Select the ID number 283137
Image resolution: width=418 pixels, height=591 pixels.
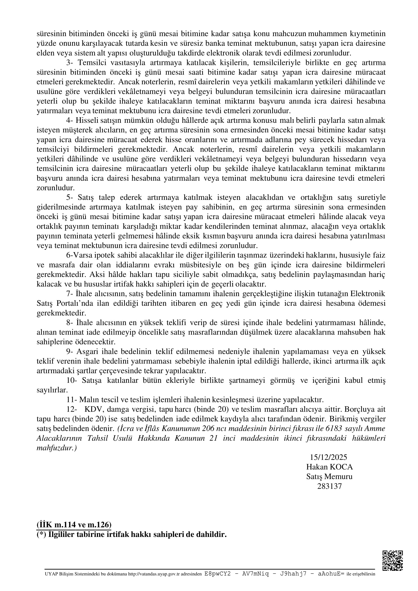(329, 486)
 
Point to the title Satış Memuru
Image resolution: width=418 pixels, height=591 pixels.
(329, 477)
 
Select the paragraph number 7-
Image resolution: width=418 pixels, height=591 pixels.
(70, 294)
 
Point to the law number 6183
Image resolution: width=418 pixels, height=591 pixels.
(334, 429)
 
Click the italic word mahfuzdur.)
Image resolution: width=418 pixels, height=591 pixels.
(57, 448)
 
